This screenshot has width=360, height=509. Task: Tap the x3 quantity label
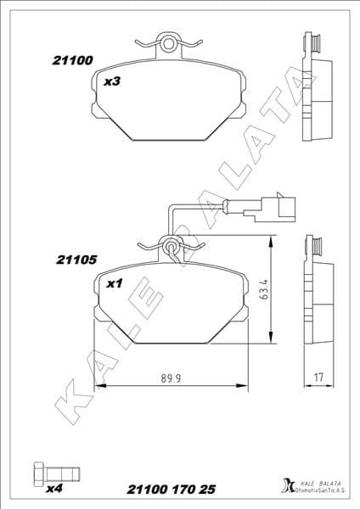[x=111, y=83]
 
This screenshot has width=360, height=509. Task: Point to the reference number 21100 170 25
[x=171, y=490]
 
